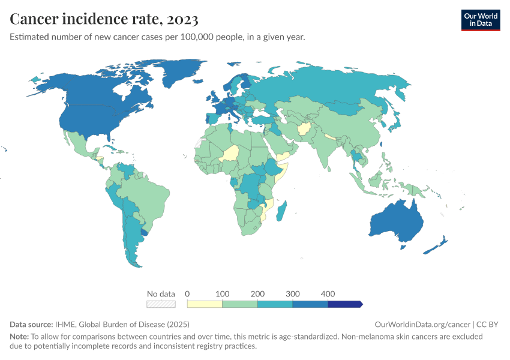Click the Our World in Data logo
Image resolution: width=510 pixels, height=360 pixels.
click(x=480, y=20)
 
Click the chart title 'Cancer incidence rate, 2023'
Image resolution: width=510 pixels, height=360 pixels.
click(x=104, y=19)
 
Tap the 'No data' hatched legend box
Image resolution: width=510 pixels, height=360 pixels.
click(x=161, y=304)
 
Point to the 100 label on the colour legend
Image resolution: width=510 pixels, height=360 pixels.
click(x=223, y=294)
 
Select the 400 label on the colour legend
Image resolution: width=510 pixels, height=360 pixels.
click(x=328, y=294)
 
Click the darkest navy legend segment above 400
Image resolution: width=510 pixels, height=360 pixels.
click(x=344, y=304)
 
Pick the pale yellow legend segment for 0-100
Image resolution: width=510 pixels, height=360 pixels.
click(x=205, y=304)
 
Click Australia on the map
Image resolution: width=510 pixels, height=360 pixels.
click(x=396, y=221)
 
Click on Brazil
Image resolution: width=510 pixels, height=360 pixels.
click(x=150, y=192)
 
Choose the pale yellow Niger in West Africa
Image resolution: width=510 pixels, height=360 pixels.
click(x=230, y=153)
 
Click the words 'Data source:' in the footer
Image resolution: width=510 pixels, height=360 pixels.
click(x=31, y=324)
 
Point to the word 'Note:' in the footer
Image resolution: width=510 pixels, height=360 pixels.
click(x=20, y=337)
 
